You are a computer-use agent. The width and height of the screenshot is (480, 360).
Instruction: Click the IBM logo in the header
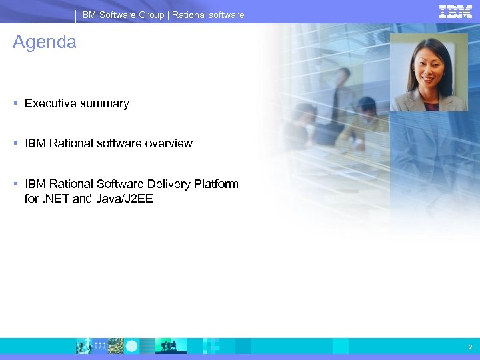click(x=455, y=11)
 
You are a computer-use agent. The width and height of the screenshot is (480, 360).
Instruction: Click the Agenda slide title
click(x=45, y=42)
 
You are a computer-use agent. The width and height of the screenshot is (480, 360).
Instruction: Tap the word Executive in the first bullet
click(x=50, y=103)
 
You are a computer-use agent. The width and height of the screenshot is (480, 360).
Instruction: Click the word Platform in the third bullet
click(x=216, y=184)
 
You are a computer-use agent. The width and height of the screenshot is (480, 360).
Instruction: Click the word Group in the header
click(x=151, y=15)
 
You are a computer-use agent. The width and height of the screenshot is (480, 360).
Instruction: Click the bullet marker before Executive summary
click(x=15, y=103)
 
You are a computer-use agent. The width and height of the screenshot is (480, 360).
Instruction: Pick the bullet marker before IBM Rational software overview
click(x=15, y=143)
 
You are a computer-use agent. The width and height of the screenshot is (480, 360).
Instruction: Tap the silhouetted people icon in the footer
click(x=167, y=345)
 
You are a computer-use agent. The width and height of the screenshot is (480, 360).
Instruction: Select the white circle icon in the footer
click(x=132, y=346)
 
